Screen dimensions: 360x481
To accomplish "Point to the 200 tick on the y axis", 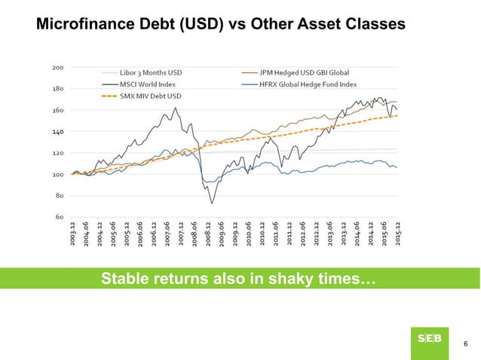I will [x=57, y=66].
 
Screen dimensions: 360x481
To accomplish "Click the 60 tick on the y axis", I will [x=58, y=217].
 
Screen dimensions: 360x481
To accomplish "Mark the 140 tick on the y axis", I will [x=57, y=131].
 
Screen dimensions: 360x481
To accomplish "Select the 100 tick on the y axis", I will [x=57, y=174].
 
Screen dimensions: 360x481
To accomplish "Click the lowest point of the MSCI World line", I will [x=212, y=203].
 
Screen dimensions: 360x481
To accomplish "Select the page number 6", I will [x=464, y=344].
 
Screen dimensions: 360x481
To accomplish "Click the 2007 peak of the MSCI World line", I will [x=176, y=108].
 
